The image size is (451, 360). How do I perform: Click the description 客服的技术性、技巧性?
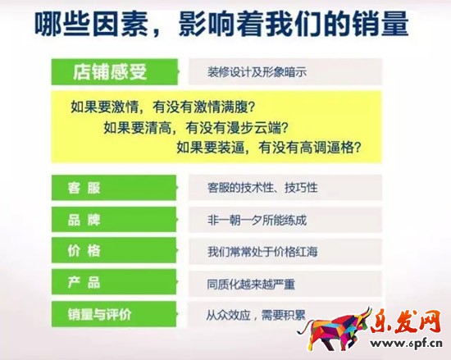point(262,188)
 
